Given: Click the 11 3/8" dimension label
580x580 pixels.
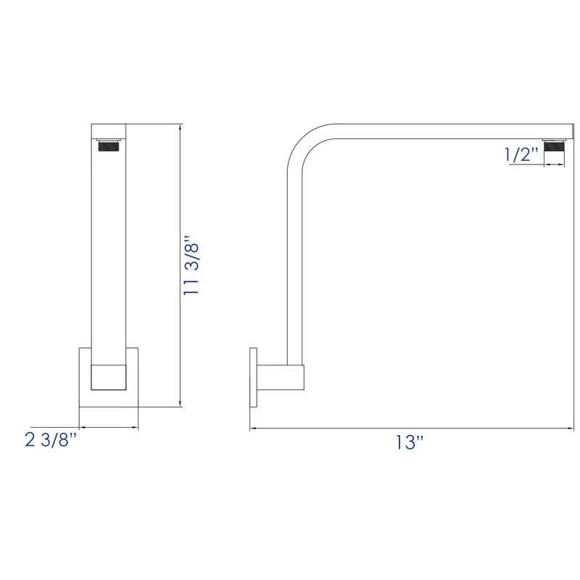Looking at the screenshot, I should (x=191, y=265).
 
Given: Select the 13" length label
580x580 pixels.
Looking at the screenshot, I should (x=410, y=442).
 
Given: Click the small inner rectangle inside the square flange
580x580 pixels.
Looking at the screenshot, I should (x=108, y=377).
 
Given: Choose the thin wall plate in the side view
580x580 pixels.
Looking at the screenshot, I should (x=253, y=377).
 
